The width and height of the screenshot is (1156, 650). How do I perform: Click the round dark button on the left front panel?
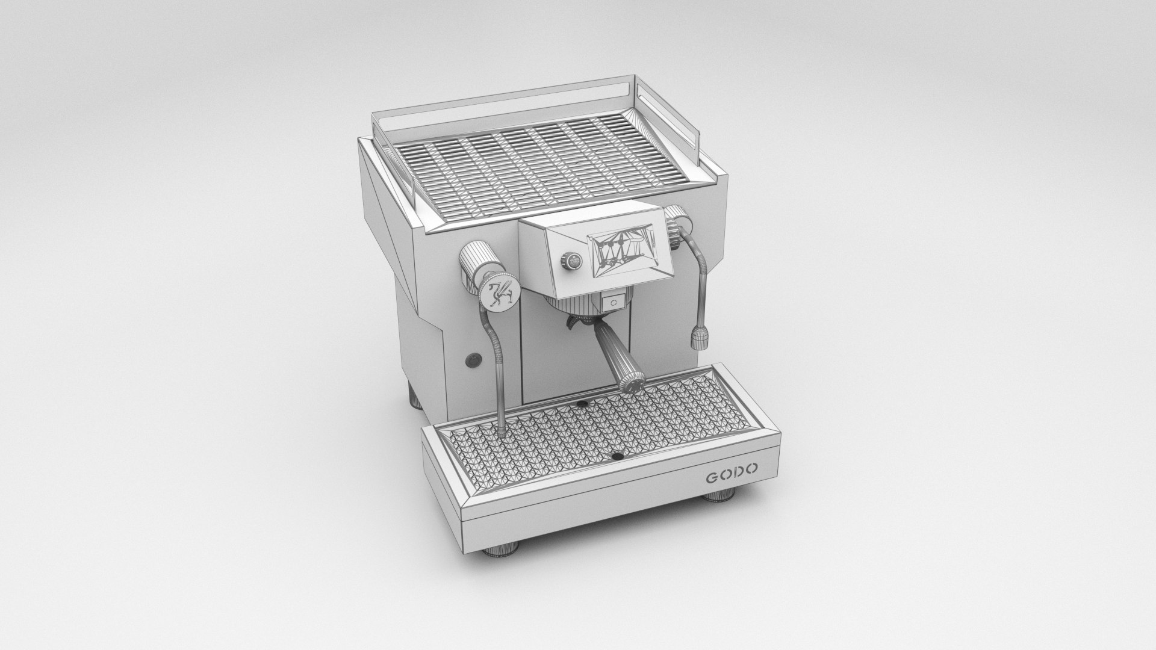471,360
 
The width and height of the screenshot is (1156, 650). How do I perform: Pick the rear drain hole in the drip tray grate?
582,401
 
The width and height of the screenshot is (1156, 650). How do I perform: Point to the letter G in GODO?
712,479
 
